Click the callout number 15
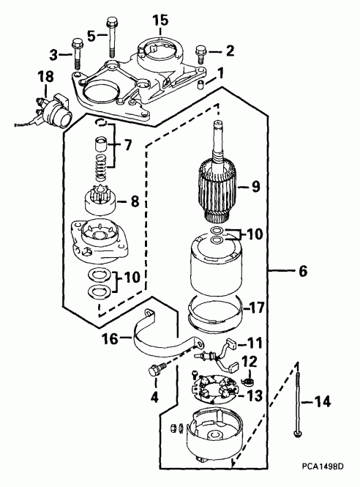click(x=160, y=21)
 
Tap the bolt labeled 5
click(x=112, y=38)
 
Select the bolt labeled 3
click(x=77, y=53)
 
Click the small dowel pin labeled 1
click(x=200, y=84)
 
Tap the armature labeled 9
click(x=219, y=180)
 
